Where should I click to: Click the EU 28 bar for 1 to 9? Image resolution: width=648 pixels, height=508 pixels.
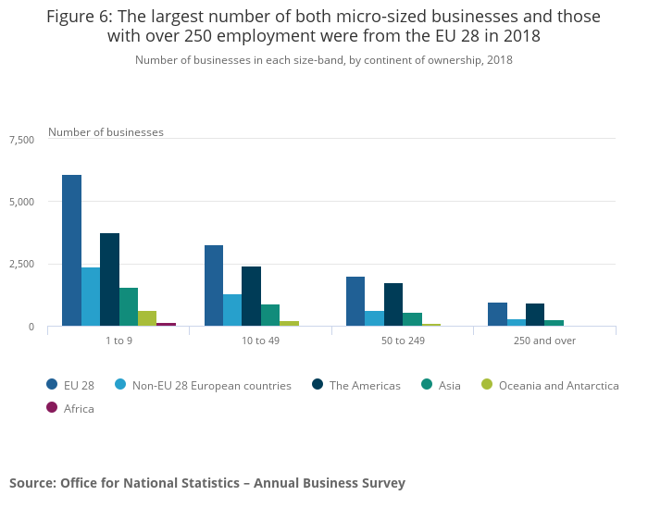(71, 251)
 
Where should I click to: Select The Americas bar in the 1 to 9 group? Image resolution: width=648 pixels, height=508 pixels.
(109, 279)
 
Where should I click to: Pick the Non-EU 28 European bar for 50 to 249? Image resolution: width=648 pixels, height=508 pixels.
(374, 318)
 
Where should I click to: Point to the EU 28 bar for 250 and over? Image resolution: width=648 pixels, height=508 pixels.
(497, 315)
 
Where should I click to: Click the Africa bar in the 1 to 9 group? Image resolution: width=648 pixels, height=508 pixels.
(167, 324)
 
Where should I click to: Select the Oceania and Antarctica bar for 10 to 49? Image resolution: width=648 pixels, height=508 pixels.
(289, 323)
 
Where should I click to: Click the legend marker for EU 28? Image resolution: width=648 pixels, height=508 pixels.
(53, 385)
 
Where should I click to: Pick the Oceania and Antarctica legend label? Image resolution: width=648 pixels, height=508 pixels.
(558, 385)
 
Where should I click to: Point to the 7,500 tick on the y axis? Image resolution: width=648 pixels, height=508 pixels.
(21, 140)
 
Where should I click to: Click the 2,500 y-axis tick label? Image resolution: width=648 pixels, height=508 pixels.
(21, 265)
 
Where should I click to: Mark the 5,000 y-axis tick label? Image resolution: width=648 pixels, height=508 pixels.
(21, 202)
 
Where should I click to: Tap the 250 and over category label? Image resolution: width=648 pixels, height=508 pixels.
(544, 341)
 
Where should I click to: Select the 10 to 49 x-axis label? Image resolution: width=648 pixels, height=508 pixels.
(260, 341)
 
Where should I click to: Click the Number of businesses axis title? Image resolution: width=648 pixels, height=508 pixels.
(106, 132)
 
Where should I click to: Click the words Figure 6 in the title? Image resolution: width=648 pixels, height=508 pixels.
(82, 17)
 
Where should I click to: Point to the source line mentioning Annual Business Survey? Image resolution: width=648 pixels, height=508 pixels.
(207, 482)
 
